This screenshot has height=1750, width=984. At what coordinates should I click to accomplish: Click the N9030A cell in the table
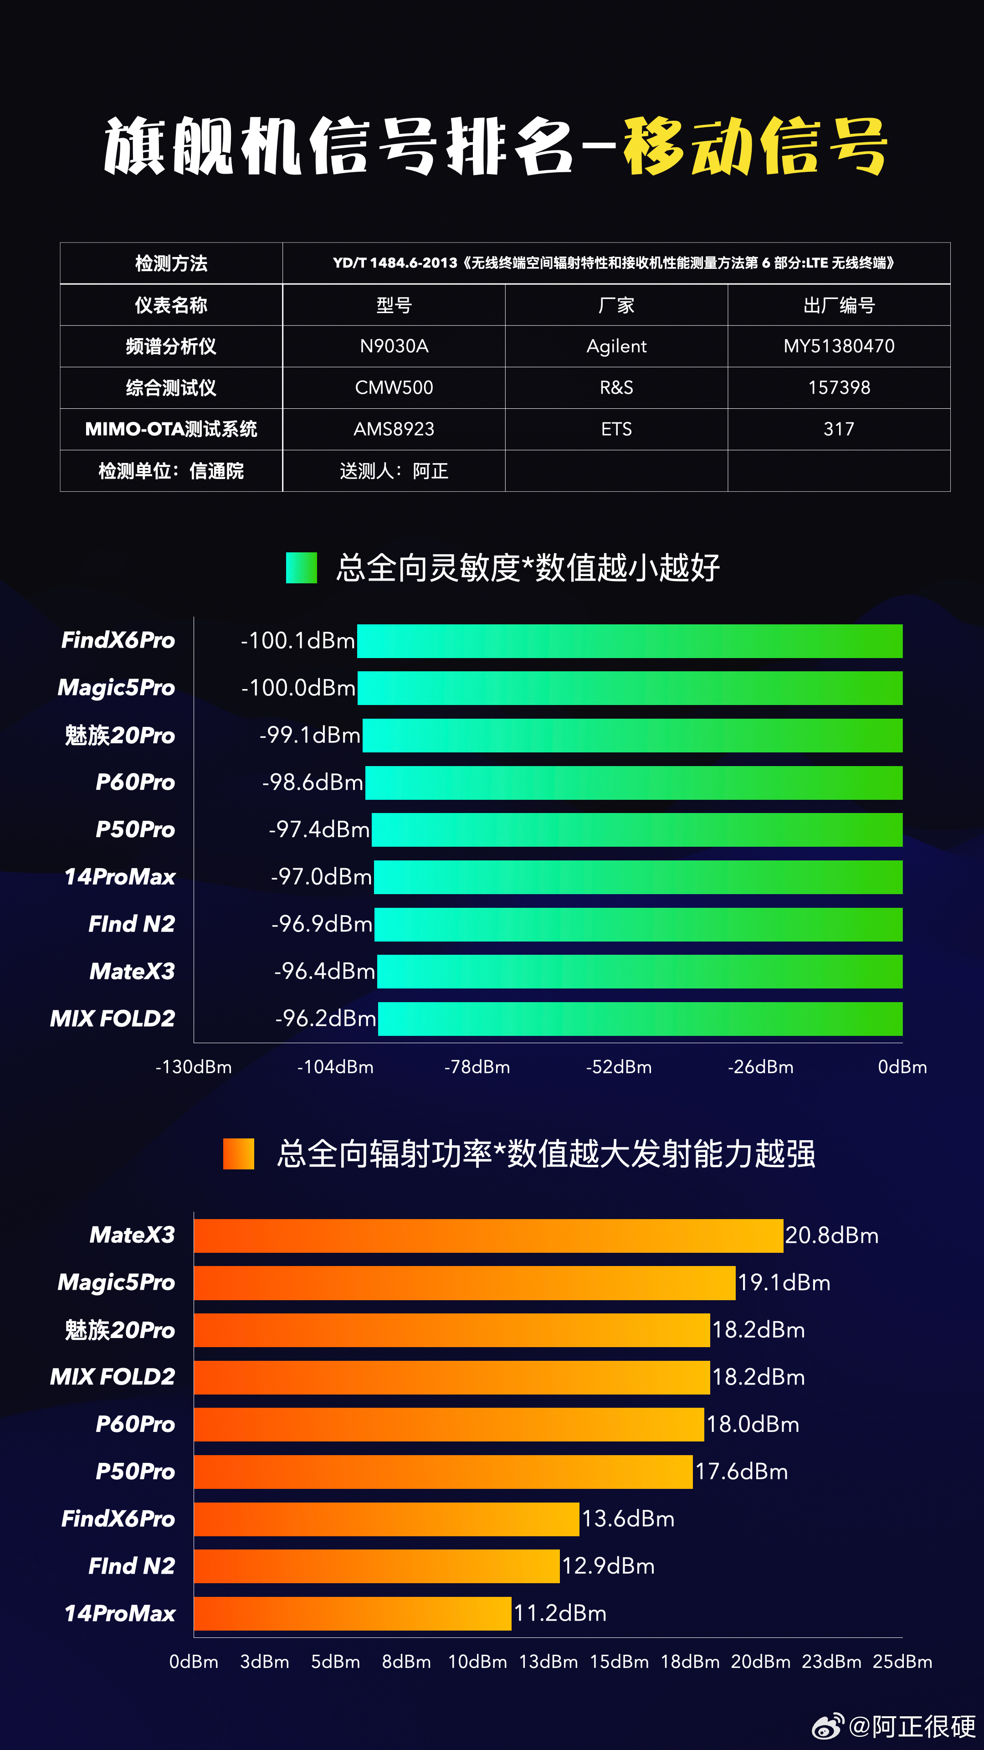(x=394, y=346)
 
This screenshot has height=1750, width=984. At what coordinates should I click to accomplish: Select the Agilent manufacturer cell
(x=616, y=346)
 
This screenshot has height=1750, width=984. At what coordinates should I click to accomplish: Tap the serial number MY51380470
(x=839, y=346)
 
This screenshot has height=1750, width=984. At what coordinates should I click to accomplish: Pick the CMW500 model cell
(x=394, y=388)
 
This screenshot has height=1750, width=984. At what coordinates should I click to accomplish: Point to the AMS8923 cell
(x=394, y=429)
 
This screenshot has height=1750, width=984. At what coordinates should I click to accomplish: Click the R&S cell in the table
(x=616, y=388)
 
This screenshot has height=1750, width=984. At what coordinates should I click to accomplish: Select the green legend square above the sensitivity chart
(x=302, y=567)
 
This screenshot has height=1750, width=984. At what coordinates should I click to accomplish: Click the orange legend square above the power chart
(x=238, y=1153)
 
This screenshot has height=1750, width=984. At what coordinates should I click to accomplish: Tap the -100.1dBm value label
(x=297, y=641)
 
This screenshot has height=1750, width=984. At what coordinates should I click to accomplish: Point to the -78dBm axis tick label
(x=477, y=1067)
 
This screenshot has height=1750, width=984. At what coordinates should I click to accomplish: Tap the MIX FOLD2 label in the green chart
(x=113, y=1019)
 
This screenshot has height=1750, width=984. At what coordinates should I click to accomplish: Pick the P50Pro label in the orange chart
(x=135, y=1472)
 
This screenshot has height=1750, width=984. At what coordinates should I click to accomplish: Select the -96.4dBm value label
(x=324, y=972)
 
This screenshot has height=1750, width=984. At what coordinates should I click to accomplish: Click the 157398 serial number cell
(x=839, y=388)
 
